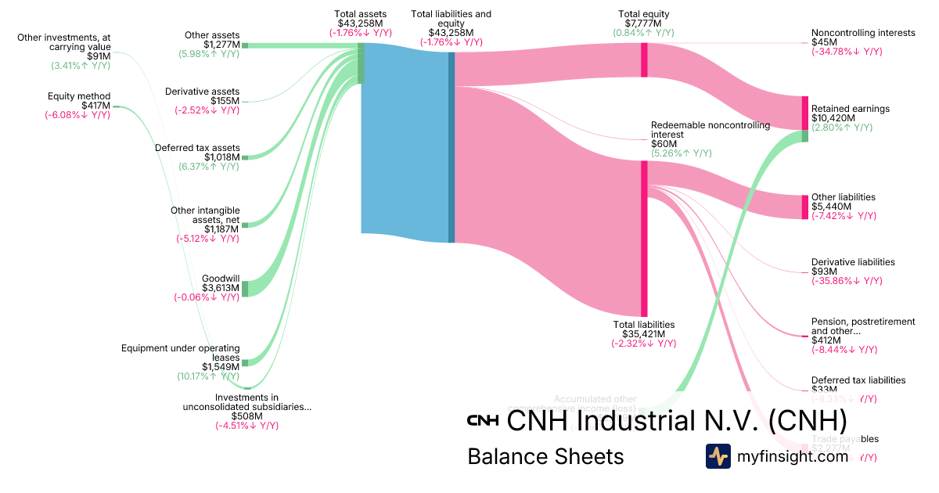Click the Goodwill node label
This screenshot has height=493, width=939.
point(221,279)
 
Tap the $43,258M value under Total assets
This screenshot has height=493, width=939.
point(360,23)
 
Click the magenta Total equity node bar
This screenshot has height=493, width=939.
point(644,59)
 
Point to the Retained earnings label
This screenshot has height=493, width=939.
point(850,109)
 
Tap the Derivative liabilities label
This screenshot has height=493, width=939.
point(853,262)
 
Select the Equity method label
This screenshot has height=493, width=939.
point(79,96)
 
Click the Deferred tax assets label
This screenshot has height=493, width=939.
point(197,148)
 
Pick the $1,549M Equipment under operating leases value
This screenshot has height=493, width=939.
point(221,366)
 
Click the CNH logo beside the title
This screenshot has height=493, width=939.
point(483,420)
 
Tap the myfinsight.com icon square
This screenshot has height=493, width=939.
point(718,456)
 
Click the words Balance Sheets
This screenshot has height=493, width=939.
point(545,456)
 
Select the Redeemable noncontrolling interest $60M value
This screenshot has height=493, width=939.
point(664,144)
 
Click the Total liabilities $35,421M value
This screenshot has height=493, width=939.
point(643,333)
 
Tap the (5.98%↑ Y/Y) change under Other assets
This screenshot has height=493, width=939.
point(209,54)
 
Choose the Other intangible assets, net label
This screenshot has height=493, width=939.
point(205,214)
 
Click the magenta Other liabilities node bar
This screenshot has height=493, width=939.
point(804,207)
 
